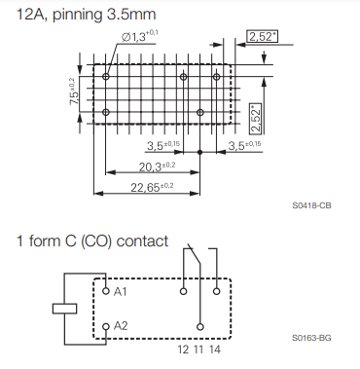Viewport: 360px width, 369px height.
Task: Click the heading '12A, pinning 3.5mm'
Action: point(86,15)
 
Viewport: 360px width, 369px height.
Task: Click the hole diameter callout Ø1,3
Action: point(140,36)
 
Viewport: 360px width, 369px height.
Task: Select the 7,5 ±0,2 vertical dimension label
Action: point(73,92)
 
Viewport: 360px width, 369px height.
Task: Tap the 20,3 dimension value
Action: point(157,166)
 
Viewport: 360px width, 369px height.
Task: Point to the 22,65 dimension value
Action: point(152,187)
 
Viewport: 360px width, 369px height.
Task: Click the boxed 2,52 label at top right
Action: point(263,36)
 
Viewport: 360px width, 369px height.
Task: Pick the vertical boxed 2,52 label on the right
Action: point(256,119)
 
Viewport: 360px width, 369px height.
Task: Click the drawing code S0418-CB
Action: point(311,205)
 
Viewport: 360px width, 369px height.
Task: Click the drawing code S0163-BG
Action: point(311,338)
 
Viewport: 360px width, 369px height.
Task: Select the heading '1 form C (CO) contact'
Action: point(92,241)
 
